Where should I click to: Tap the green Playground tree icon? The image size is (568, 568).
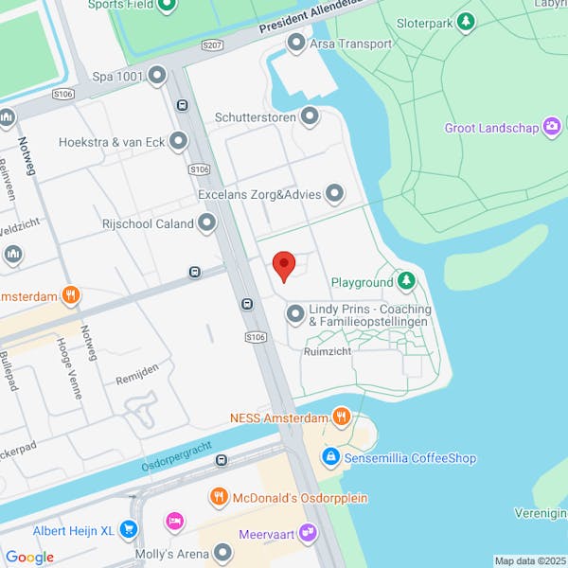click(x=406, y=281)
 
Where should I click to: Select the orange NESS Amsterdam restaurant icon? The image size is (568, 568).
click(x=342, y=417)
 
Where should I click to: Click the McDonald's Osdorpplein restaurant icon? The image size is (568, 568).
click(x=219, y=497)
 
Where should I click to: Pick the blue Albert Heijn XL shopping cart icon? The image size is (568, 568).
click(x=129, y=529)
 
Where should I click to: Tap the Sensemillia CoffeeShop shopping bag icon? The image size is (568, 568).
click(x=330, y=457)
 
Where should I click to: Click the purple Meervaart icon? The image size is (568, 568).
click(x=306, y=533)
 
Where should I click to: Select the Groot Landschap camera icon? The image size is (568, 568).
click(x=552, y=127)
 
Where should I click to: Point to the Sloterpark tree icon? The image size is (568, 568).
click(x=465, y=20)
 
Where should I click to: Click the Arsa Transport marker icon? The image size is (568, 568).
click(x=296, y=43)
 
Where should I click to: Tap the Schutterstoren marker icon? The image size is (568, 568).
click(x=310, y=117)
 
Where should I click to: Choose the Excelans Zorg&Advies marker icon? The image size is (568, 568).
click(x=334, y=194)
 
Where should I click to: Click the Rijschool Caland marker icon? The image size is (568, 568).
click(x=206, y=224)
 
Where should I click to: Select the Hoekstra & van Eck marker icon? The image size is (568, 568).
click(x=178, y=142)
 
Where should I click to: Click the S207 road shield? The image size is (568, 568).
click(x=212, y=44)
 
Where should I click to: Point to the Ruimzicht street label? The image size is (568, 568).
click(x=328, y=350)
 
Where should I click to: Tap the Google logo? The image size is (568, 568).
click(x=30, y=557)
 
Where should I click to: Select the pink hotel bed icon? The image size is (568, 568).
click(x=174, y=521)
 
